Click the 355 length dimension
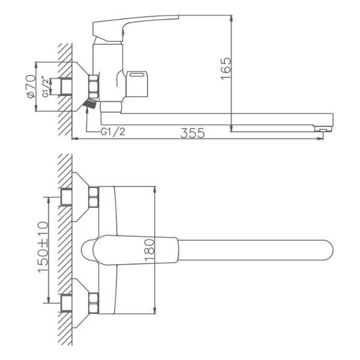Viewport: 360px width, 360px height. click(x=193, y=133)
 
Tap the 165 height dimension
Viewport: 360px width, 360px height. click(x=226, y=68)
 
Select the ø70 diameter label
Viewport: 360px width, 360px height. click(x=31, y=86)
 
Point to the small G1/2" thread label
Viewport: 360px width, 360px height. click(x=46, y=87)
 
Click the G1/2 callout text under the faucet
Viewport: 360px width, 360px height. click(x=113, y=131)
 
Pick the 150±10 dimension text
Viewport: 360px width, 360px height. click(x=43, y=247)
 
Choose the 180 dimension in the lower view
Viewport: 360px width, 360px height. click(x=149, y=250)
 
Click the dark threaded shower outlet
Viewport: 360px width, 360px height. click(x=90, y=103)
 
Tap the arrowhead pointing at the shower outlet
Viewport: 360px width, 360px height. click(x=87, y=109)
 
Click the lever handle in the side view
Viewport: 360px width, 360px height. click(x=136, y=28)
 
